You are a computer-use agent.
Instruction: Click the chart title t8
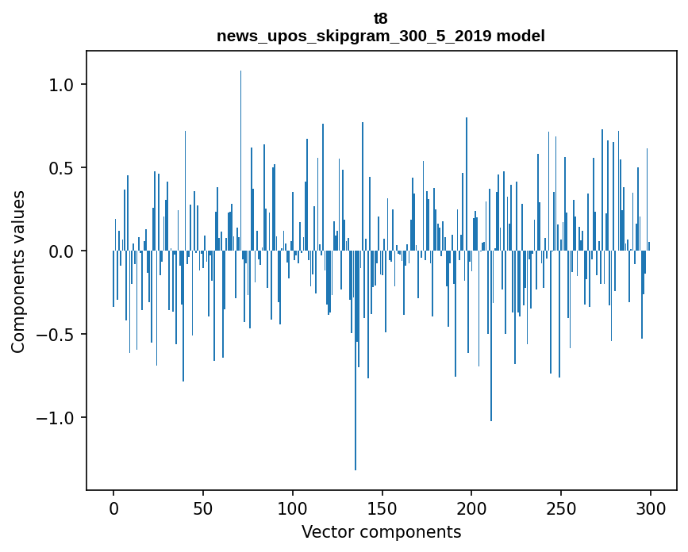[381, 18]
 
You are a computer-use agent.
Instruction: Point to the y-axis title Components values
[18, 271]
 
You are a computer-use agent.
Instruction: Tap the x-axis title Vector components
[381, 531]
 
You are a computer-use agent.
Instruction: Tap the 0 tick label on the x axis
[113, 508]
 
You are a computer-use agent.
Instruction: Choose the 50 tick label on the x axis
[203, 508]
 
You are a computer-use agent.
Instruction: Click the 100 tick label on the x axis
[293, 508]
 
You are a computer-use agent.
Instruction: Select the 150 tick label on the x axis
[382, 508]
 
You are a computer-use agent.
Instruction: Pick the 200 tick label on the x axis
[471, 508]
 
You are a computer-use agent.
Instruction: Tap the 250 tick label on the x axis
[561, 508]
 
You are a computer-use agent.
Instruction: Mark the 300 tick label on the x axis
[651, 508]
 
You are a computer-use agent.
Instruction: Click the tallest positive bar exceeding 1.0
[240, 159]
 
